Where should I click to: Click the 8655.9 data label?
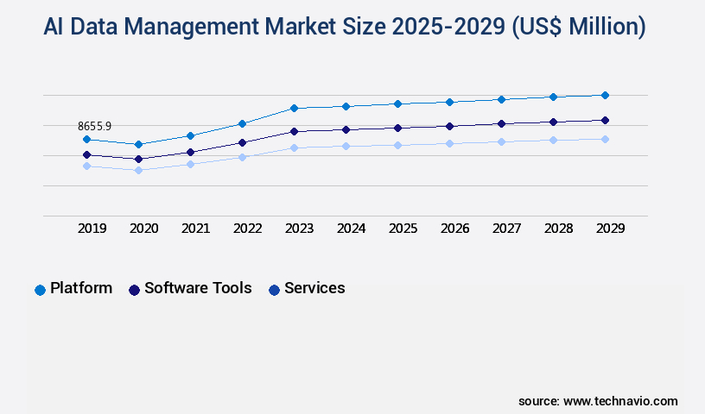[95, 126]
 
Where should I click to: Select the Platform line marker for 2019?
[86, 139]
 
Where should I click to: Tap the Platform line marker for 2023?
[294, 108]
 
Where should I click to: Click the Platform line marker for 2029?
[605, 95]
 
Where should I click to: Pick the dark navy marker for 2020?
[138, 159]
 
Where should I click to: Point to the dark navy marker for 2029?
[605, 120]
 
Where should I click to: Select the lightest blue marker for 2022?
[242, 157]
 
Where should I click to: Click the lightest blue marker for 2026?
[449, 143]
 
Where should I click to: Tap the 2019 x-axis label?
[92, 229]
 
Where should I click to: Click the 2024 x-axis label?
[352, 229]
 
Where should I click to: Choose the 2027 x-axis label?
[507, 229]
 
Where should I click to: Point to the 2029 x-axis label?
[611, 229]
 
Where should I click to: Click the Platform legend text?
[81, 288]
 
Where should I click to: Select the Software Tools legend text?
[198, 288]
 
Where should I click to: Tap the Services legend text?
[314, 288]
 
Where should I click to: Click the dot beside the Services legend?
[274, 290]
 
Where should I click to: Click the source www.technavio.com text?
[598, 401]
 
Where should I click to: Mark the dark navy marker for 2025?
[397, 128]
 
